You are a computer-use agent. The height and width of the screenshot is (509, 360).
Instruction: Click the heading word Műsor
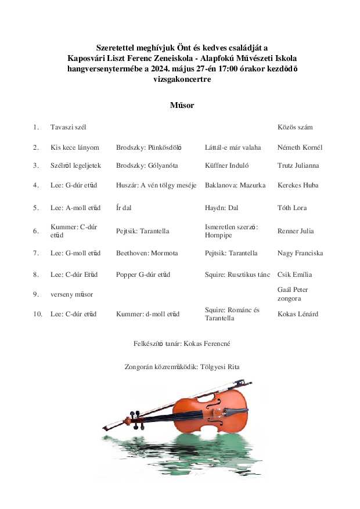181,105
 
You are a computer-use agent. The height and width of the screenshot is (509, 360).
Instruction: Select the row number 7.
36,253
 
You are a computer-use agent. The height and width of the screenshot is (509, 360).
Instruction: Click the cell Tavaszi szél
68,127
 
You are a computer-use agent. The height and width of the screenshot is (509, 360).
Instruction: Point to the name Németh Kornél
300,147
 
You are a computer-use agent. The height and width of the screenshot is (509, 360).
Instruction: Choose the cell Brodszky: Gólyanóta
147,165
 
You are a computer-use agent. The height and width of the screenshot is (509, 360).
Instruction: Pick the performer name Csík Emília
295,275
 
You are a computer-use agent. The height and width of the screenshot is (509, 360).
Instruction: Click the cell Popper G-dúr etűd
143,275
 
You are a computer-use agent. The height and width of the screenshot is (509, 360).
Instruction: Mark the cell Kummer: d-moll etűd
147,314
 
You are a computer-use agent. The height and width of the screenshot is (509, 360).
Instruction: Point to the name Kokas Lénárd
298,314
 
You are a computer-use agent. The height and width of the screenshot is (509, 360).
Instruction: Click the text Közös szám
295,127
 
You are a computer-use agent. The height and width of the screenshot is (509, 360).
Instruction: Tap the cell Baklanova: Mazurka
235,185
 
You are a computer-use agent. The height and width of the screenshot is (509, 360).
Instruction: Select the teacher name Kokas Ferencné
207,344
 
